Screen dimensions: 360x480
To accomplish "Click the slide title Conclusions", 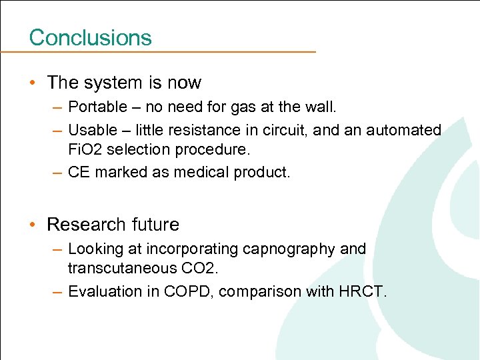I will click(90, 37).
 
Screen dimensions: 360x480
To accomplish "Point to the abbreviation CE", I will click(79, 172).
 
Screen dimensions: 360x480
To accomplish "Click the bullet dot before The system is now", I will click(33, 83).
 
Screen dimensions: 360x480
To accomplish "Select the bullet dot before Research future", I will click(33, 225).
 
